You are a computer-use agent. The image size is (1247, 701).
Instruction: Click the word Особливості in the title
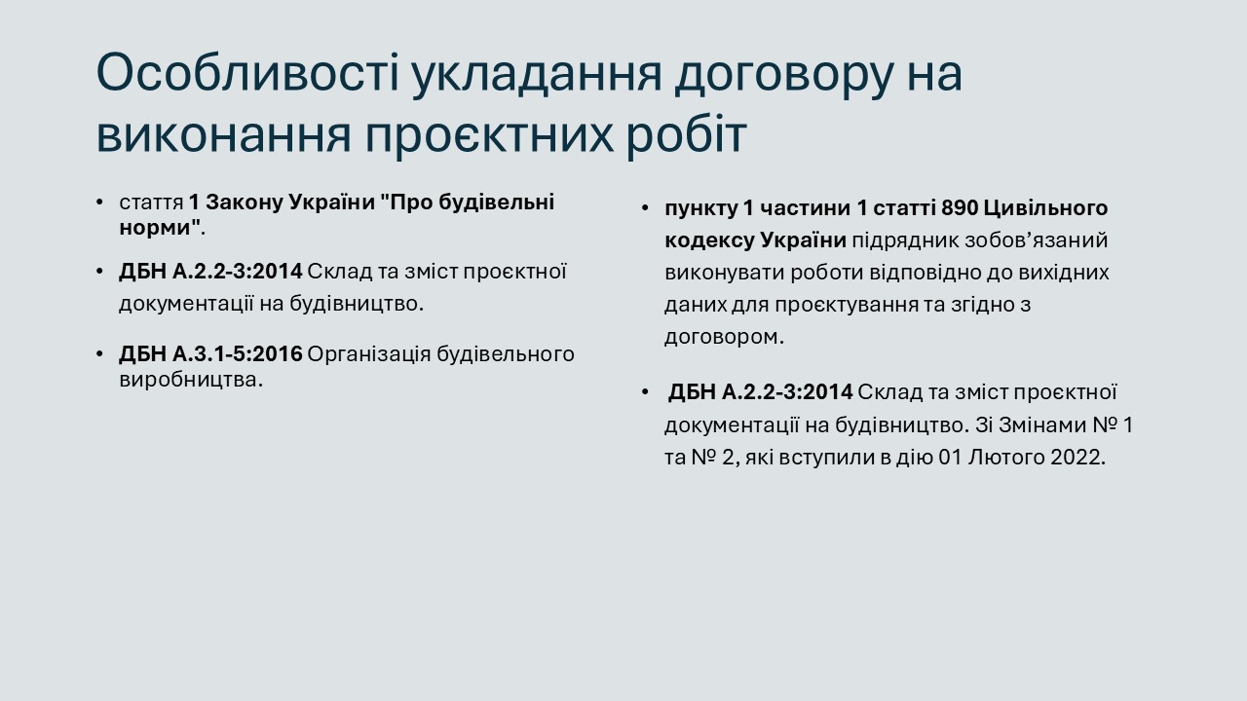248,73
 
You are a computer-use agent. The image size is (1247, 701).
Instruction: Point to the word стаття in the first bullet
151,203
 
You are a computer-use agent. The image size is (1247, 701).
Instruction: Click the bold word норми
159,228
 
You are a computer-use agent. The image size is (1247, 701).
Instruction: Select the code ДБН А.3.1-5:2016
210,353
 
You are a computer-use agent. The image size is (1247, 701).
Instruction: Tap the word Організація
369,355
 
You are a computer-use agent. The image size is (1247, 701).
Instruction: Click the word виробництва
191,381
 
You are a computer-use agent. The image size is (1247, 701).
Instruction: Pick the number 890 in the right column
960,208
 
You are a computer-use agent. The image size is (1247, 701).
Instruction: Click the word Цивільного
1046,208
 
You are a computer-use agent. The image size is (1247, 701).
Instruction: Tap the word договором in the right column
724,338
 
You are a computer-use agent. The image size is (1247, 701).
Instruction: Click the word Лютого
1006,458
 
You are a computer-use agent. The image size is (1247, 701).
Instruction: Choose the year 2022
1077,458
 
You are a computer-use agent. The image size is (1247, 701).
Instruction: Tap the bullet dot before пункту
645,208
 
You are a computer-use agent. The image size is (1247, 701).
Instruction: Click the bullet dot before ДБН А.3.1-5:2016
99,354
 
